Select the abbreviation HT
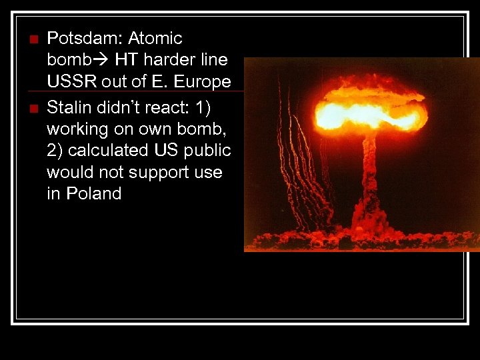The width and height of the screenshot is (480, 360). (126, 60)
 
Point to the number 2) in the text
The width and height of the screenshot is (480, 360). (55, 149)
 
